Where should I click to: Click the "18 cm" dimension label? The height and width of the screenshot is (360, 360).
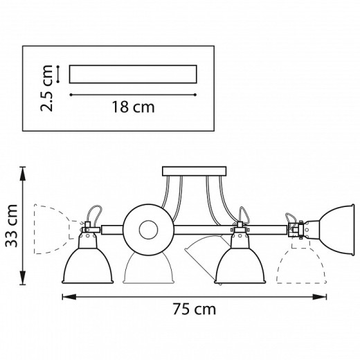point(133,107)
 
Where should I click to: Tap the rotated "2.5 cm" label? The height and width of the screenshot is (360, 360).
point(47,88)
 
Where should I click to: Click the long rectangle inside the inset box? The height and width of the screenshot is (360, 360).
point(133,73)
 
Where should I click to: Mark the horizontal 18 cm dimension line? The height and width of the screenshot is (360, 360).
point(133,93)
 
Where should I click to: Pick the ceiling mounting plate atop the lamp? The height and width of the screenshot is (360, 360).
point(194,171)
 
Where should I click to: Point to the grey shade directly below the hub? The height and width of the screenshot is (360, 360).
point(147,269)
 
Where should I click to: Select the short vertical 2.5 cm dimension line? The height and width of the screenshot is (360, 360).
point(58,73)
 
